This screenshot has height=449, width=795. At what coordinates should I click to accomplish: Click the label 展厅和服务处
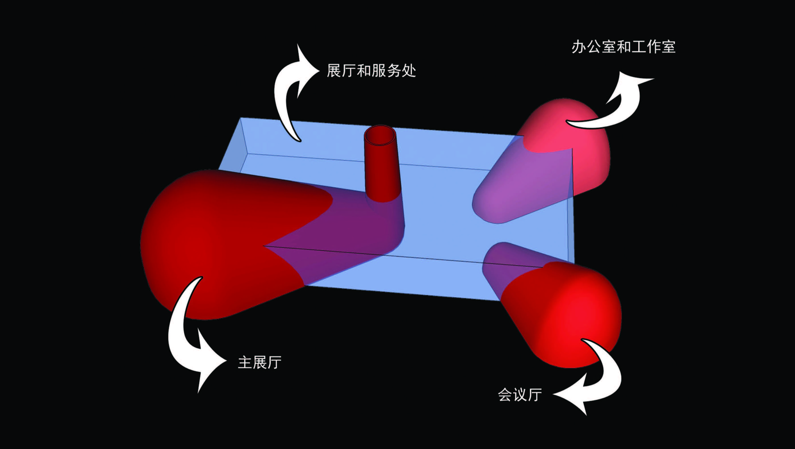point(371,71)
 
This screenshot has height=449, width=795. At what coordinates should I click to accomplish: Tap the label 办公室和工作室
point(624,47)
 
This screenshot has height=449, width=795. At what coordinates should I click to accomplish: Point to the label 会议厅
point(520,395)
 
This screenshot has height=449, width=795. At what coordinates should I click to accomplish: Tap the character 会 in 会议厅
point(505,395)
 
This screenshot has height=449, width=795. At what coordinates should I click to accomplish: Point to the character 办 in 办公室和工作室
point(579,47)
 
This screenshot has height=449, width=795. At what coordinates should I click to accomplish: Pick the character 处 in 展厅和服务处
point(409,71)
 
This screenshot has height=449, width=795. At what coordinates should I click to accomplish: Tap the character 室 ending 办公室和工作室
point(668,47)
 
